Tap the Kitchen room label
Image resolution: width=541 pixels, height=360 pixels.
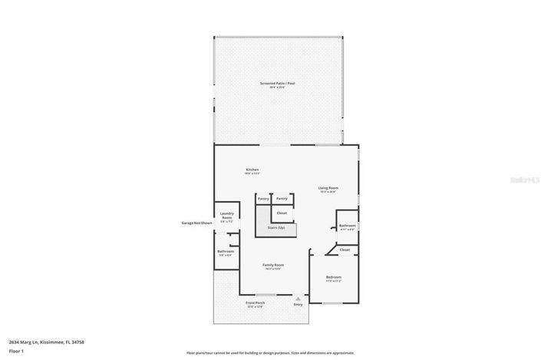click(x=252, y=170)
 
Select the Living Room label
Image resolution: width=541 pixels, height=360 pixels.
click(x=328, y=188)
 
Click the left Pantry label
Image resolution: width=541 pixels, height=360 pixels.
click(x=263, y=198)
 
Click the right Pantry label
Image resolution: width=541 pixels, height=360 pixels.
click(x=282, y=198)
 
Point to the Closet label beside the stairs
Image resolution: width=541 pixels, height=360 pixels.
click(x=282, y=213)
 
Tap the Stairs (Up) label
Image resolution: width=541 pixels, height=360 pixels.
click(x=277, y=228)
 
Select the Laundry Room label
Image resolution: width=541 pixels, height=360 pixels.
click(x=226, y=216)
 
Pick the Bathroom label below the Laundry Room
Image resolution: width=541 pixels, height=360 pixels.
click(x=226, y=251)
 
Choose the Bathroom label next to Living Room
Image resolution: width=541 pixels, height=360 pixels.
click(x=347, y=226)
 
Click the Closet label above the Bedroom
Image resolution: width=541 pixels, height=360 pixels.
click(x=345, y=249)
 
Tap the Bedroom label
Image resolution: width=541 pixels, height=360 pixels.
click(x=333, y=276)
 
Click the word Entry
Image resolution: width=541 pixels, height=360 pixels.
click(x=299, y=305)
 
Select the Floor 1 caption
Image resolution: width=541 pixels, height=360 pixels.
click(x=16, y=351)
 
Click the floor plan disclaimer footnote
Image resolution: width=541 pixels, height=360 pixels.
click(x=270, y=353)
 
